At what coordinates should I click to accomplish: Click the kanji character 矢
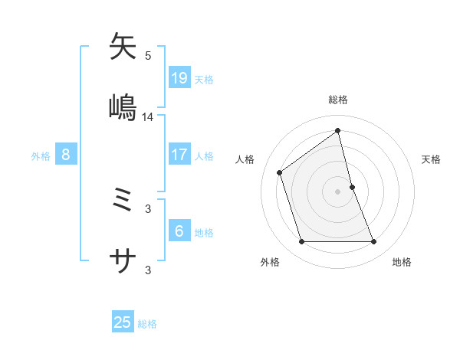123,47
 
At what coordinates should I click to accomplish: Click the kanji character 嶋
123,108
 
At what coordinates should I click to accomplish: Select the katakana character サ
123,262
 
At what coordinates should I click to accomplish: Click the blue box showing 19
179,77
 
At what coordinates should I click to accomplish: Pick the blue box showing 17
179,155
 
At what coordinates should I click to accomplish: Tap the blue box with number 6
179,231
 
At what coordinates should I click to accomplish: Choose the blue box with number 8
66,155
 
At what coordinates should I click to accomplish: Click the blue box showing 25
123,322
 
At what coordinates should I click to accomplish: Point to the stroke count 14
148,117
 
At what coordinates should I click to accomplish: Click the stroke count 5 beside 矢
148,56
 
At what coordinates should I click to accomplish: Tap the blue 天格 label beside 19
204,79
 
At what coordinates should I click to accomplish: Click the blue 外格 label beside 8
41,155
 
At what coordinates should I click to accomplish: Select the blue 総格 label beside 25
147,324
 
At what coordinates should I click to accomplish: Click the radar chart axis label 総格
338,100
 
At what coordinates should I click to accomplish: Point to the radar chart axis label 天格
432,159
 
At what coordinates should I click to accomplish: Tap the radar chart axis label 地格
402,262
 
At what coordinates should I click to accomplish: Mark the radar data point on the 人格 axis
280,172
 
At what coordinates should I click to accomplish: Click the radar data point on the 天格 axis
352,187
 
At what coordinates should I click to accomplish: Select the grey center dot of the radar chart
338,191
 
